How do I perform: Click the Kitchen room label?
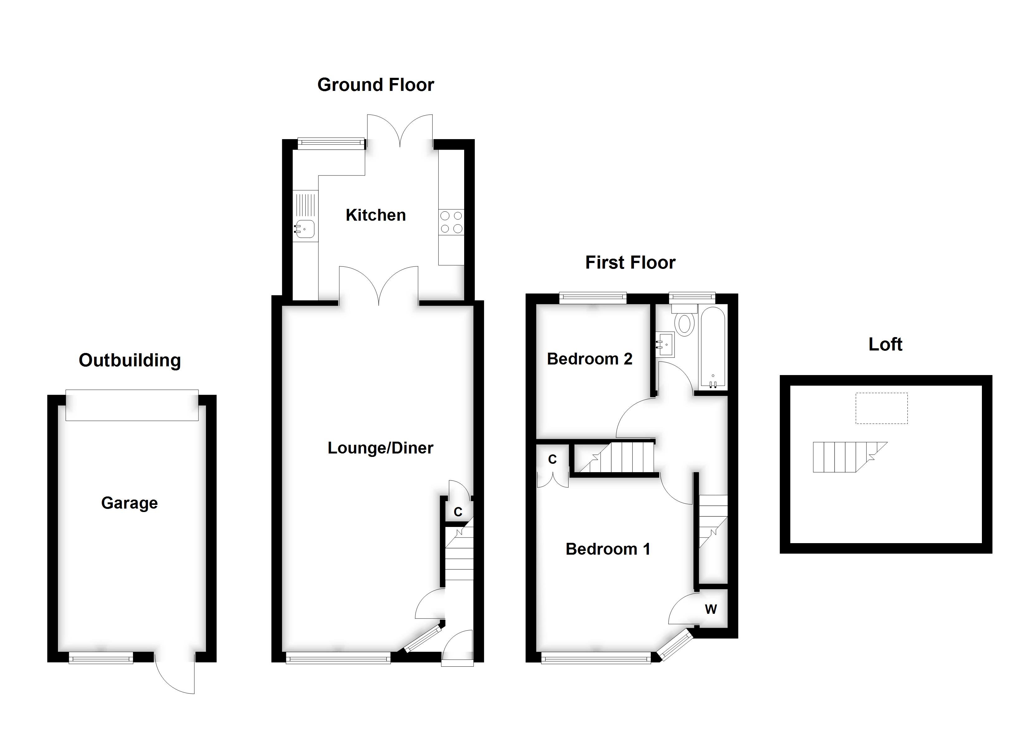(x=375, y=215)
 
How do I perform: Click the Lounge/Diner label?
(x=380, y=448)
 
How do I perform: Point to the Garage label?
(x=129, y=503)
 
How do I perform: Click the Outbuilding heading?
(x=130, y=361)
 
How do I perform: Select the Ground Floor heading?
(x=375, y=85)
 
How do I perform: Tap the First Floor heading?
(x=630, y=263)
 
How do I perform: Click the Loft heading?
(x=885, y=344)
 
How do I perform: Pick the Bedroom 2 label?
(x=589, y=359)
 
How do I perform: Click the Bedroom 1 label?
(x=608, y=549)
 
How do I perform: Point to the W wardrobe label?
(x=711, y=610)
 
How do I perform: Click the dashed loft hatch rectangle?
(x=882, y=408)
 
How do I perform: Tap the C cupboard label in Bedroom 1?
(x=552, y=459)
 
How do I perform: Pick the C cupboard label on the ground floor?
(x=458, y=512)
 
